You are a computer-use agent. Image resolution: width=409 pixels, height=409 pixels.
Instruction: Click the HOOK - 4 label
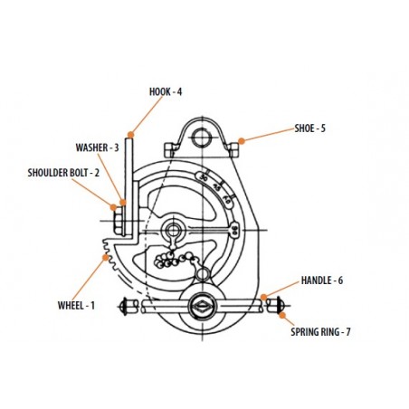pyautogui.click(x=166, y=91)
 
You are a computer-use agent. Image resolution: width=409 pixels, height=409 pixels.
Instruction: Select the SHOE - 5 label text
pyautogui.click(x=309, y=128)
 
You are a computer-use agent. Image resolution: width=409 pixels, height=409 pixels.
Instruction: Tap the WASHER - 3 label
pyautogui.click(x=97, y=147)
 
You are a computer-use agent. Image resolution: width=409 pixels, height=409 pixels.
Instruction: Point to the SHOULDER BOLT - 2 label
pyautogui.click(x=63, y=173)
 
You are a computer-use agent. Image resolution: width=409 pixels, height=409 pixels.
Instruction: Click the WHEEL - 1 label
pyautogui.click(x=76, y=305)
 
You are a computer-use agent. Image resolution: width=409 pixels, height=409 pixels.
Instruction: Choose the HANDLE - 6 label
pyautogui.click(x=322, y=281)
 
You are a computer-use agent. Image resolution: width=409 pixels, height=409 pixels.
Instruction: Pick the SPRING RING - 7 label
pyautogui.click(x=320, y=332)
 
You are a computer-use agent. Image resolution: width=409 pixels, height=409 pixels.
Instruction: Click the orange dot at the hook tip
pyautogui.click(x=130, y=134)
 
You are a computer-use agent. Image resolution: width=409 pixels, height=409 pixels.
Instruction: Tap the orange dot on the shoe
pyautogui.click(x=242, y=141)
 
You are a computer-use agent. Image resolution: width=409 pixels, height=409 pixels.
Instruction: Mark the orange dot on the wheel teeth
pyautogui.click(x=106, y=257)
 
